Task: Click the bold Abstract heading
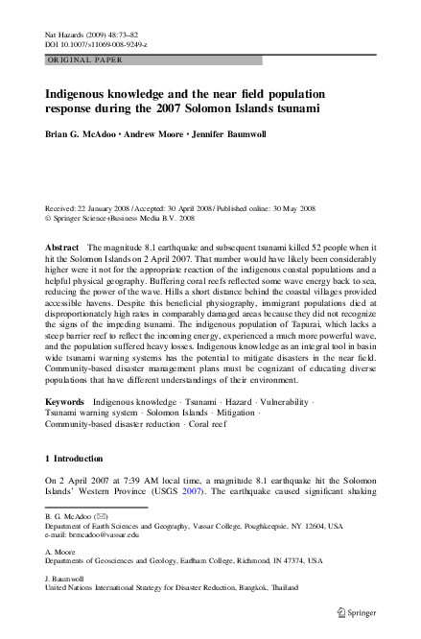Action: [62, 248]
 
